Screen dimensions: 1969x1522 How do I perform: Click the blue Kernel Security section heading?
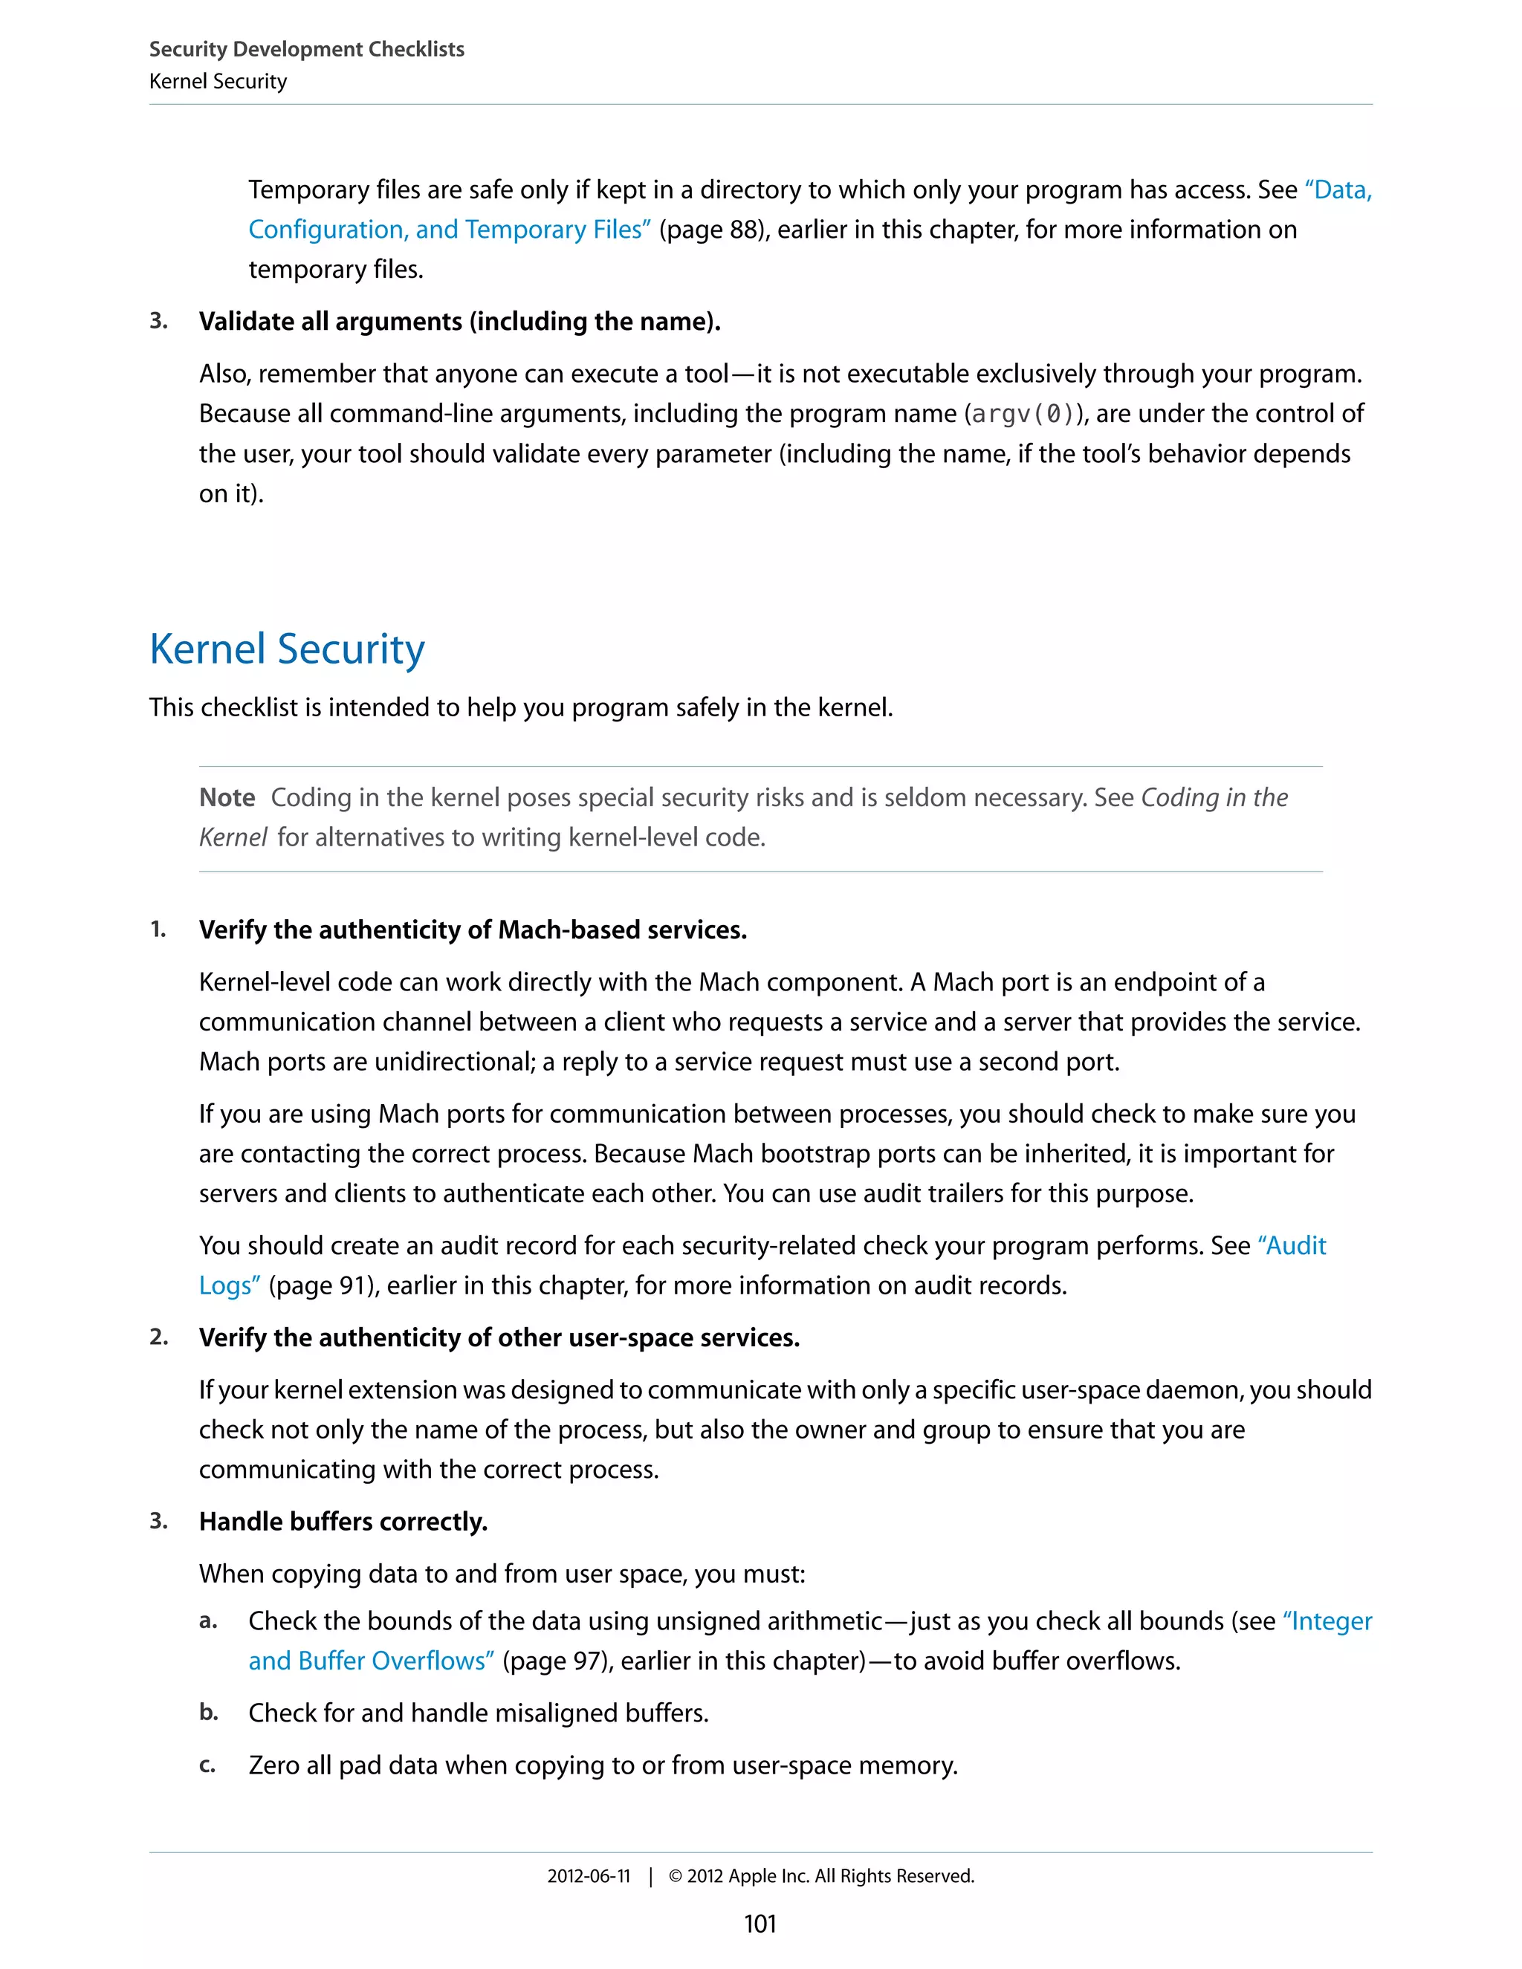coord(287,649)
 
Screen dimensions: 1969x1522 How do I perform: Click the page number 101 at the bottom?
coord(760,1924)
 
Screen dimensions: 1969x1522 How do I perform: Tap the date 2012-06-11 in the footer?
coord(588,1876)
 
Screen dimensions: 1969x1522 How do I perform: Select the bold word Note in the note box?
coord(227,798)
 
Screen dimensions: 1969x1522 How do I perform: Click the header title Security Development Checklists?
coord(307,49)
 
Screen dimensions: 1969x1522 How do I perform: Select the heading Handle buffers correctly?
coord(343,1522)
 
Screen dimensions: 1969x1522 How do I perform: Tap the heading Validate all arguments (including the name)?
coord(459,322)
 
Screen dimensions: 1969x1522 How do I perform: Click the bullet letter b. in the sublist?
coord(208,1712)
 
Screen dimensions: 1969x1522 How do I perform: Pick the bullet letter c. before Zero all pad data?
coord(207,1765)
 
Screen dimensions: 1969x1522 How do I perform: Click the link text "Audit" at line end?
coord(1292,1246)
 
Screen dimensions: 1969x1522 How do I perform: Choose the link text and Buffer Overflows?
coord(371,1661)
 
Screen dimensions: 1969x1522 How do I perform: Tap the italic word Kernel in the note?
coord(233,837)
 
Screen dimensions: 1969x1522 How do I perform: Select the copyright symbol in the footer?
coord(676,1876)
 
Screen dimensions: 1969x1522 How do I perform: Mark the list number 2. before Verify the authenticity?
coord(159,1337)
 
